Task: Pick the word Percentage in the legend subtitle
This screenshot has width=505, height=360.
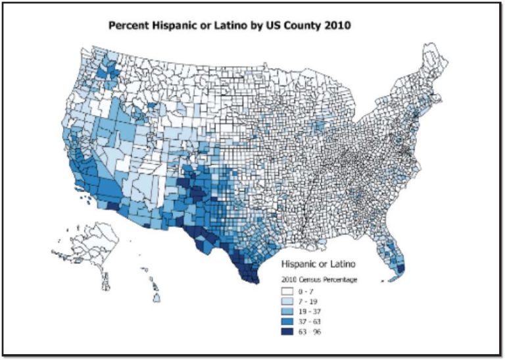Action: [342, 280]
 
